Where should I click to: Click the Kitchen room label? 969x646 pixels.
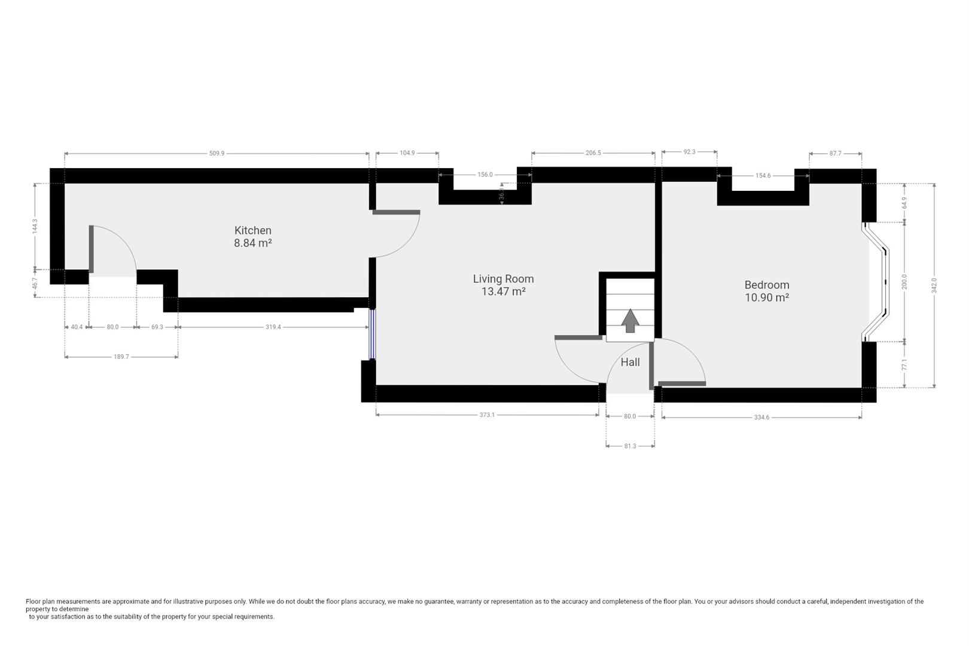click(252, 230)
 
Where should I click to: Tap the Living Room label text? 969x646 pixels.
click(503, 279)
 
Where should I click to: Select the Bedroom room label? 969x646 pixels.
click(767, 285)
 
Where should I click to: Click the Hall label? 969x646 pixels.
click(630, 362)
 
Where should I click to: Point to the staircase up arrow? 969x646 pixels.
click(630, 321)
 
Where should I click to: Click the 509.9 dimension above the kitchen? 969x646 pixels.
click(217, 153)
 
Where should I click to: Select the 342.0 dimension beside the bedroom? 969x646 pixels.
click(934, 285)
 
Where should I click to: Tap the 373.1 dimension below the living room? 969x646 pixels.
click(487, 415)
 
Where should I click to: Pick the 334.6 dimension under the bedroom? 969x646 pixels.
click(761, 418)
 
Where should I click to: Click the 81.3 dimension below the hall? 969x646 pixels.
click(630, 446)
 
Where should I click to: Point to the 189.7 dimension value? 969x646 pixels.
click(121, 357)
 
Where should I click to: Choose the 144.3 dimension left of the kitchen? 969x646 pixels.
click(35, 226)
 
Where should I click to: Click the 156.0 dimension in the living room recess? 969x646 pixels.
click(485, 175)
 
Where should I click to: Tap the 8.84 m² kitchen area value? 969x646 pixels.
click(252, 243)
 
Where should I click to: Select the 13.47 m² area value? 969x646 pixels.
click(503, 291)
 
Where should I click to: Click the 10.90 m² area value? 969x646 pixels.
click(767, 297)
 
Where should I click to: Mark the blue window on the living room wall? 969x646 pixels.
click(371, 334)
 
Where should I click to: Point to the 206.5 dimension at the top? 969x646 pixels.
click(593, 153)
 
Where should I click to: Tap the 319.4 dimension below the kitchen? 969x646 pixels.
click(273, 327)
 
